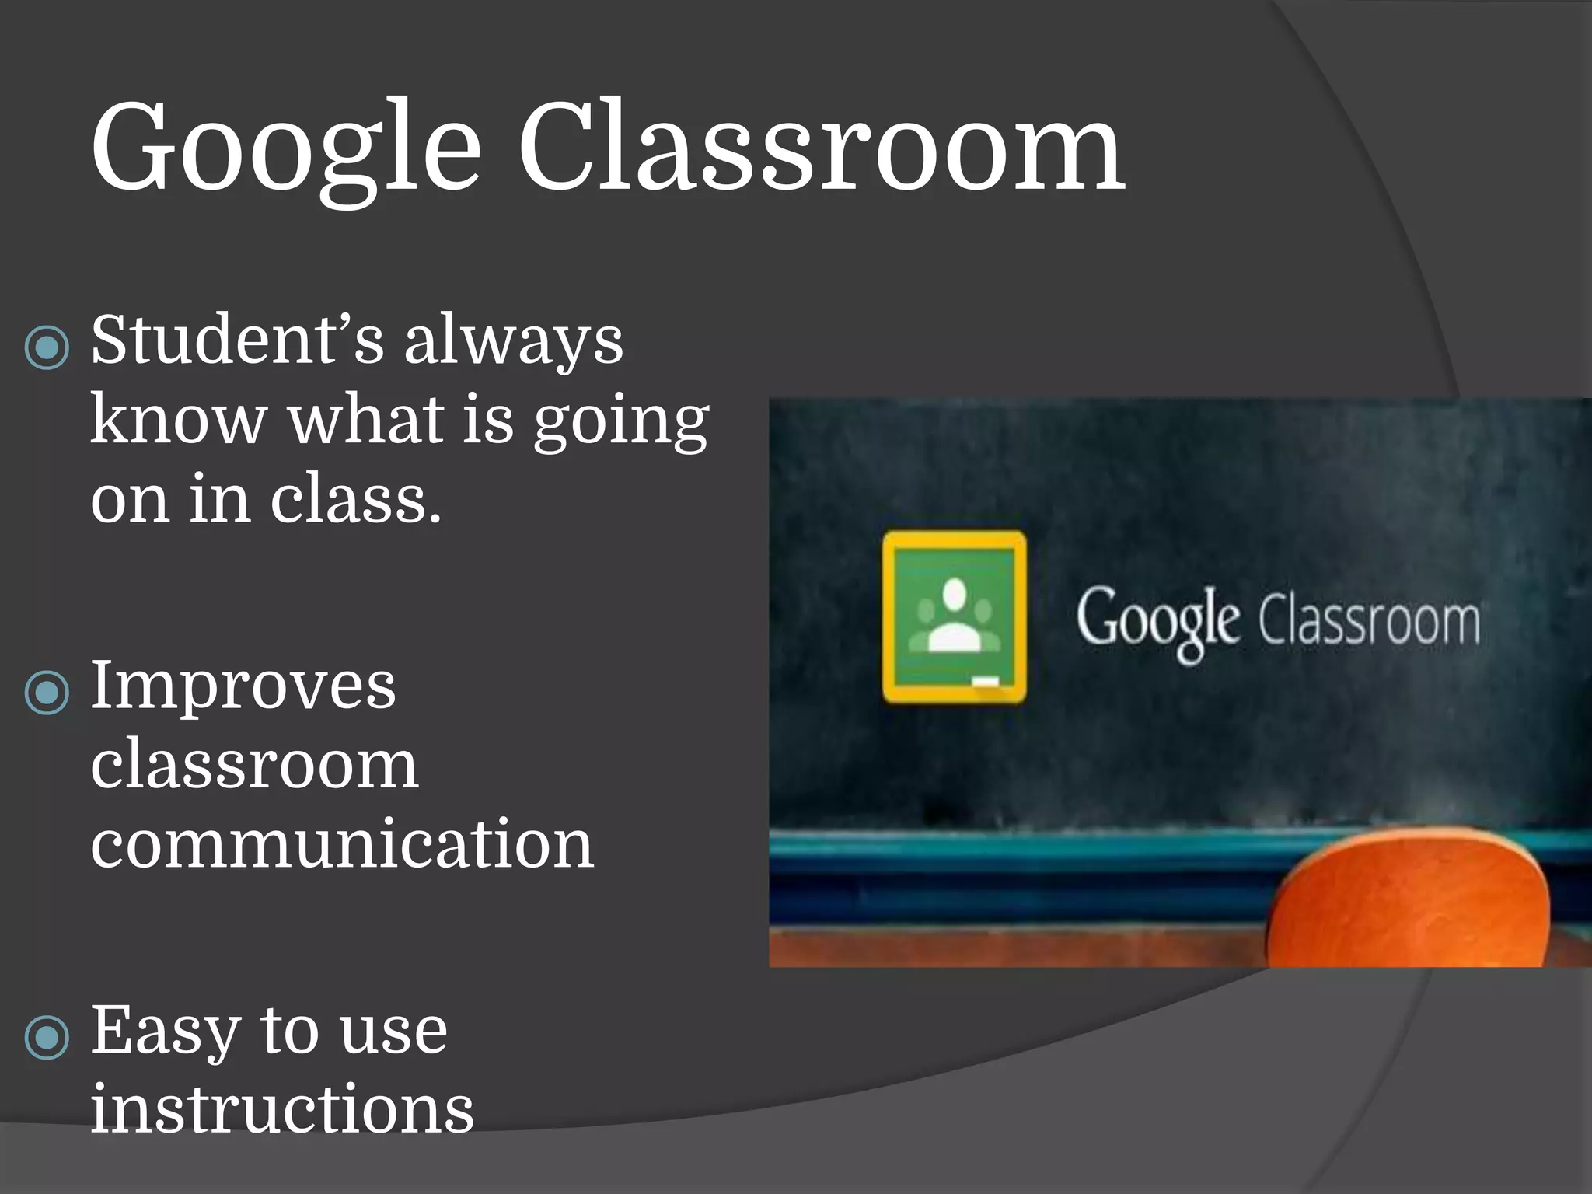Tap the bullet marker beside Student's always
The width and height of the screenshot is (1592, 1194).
coord(47,346)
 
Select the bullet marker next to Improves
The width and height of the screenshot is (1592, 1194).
coord(47,691)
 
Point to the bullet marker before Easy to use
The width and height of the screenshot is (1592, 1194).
coord(47,1036)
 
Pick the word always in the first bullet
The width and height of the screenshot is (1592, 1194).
coord(513,342)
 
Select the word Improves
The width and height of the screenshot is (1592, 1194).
coord(243,686)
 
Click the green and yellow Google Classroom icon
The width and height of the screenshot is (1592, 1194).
coord(954,616)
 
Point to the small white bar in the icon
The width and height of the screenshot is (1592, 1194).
coord(986,681)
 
